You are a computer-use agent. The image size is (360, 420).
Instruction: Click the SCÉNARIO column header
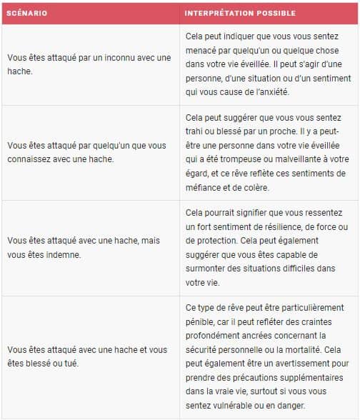27,14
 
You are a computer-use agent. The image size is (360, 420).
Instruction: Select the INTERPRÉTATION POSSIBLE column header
240,14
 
